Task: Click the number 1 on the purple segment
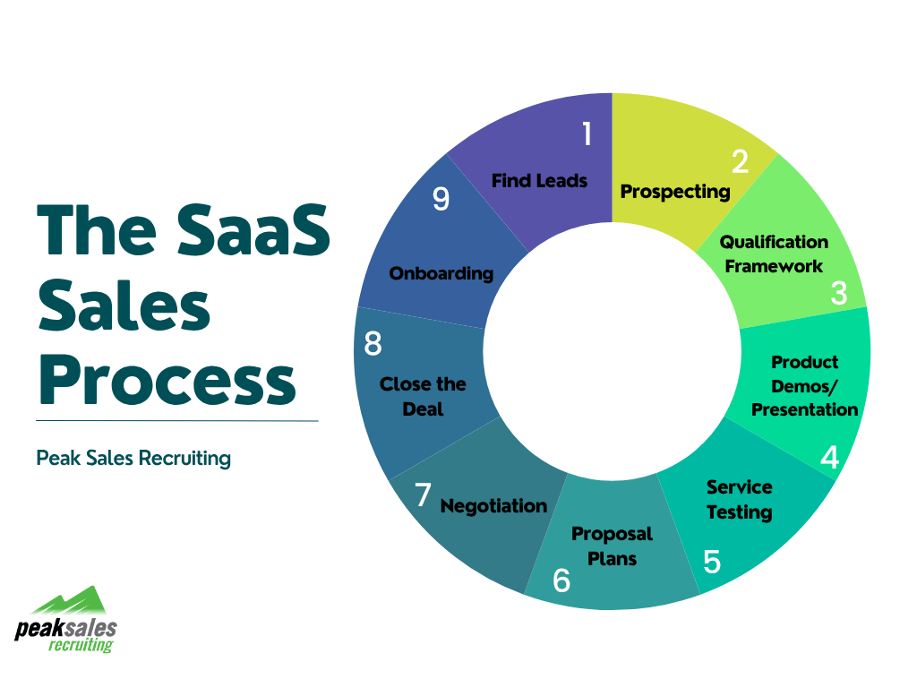[587, 133]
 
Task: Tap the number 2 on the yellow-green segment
[739, 161]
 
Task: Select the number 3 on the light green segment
[838, 293]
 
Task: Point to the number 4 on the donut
[830, 457]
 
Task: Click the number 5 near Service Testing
[712, 562]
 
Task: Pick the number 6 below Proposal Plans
[561, 580]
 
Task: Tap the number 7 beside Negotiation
[423, 494]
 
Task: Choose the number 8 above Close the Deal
[373, 344]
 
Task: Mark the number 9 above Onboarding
[441, 199]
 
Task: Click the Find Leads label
[539, 180]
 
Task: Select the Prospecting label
[675, 191]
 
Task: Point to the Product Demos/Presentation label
[804, 385]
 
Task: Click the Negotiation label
[493, 506]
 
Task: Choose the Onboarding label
[441, 273]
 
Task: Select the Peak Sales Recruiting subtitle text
[133, 459]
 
